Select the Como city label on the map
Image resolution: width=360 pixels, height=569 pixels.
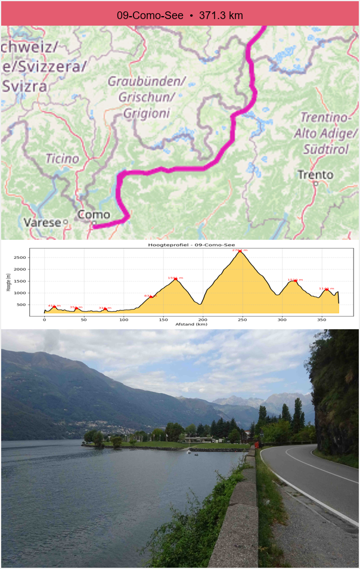tap(94, 214)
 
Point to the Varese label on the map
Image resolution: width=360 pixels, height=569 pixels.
tap(41, 222)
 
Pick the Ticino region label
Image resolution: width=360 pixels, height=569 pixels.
tap(62, 159)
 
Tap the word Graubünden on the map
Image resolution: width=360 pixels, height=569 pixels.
tap(147, 81)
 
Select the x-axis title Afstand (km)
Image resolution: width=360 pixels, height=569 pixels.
tap(191, 324)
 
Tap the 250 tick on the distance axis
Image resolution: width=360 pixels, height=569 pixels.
tap(242, 319)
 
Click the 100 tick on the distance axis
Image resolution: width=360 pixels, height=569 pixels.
tap(123, 319)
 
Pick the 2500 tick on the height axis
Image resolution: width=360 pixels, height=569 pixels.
tap(36, 257)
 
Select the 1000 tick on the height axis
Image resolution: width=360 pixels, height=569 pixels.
tap(36, 293)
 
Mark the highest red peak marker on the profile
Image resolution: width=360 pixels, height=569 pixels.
tap(240, 252)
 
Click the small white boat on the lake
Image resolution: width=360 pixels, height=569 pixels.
tap(188, 452)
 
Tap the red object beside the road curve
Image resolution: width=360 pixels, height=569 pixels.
tap(257, 444)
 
